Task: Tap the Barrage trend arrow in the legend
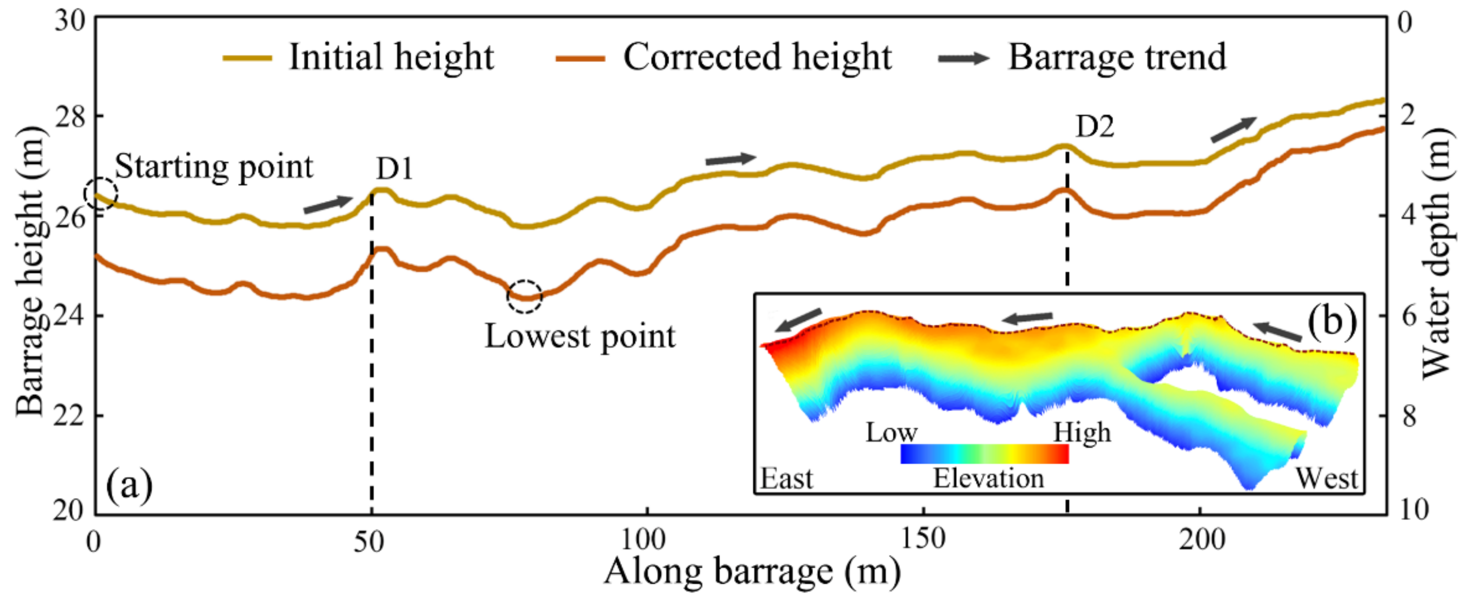point(963,58)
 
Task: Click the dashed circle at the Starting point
point(101,194)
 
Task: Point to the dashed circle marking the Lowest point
point(524,296)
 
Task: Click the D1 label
point(394,168)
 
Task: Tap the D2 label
point(1095,126)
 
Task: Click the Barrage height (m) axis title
point(29,273)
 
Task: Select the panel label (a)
point(130,485)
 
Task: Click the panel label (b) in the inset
point(1332,322)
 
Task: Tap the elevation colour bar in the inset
point(984,454)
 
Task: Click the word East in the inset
point(787,478)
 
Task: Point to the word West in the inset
point(1326,478)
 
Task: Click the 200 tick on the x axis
point(1201,539)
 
